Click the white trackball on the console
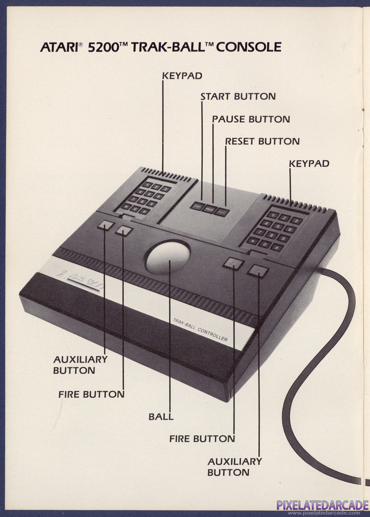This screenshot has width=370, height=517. (x=168, y=258)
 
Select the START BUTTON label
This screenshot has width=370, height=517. (x=238, y=96)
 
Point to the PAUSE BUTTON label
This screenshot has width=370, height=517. (x=251, y=119)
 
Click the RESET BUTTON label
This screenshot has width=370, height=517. (x=262, y=141)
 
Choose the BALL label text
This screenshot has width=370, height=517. (x=161, y=416)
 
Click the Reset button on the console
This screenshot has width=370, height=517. (x=221, y=212)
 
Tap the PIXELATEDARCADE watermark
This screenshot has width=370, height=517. (x=322, y=506)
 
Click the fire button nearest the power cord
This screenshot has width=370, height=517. (x=233, y=263)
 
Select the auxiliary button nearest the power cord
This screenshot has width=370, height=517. (x=258, y=271)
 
